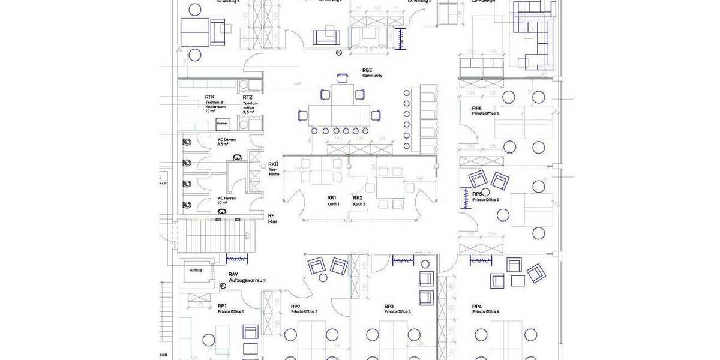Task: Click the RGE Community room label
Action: click(371, 73)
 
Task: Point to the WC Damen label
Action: click(226, 142)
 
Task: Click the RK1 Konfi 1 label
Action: click(333, 200)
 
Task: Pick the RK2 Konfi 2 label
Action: click(359, 200)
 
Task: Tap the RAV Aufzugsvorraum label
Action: click(247, 277)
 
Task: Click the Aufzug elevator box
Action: click(196, 271)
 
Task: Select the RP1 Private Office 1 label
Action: click(230, 308)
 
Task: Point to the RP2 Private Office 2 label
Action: click(304, 308)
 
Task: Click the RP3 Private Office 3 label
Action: click(397, 308)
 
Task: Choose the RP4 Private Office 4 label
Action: click(485, 308)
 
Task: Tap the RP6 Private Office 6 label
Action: click(485, 110)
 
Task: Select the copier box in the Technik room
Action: click(223, 123)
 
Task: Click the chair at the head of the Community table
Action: click(343, 77)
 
